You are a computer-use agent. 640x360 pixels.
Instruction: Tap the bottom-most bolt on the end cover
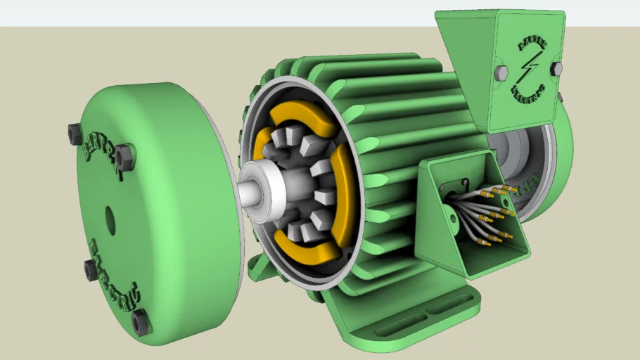[x=140, y=321]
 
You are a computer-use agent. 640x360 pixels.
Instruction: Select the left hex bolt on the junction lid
[x=501, y=72]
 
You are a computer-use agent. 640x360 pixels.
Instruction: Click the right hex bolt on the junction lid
[x=556, y=68]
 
